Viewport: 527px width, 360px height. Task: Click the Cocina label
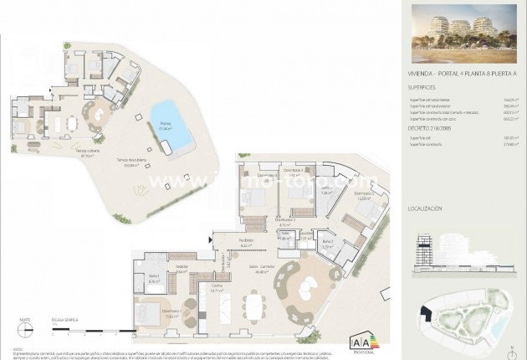216,288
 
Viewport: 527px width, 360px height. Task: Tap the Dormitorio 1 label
175,316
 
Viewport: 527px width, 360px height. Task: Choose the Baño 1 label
154,280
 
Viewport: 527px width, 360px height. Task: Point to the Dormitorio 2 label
340,197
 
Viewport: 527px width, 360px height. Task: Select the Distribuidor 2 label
260,222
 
